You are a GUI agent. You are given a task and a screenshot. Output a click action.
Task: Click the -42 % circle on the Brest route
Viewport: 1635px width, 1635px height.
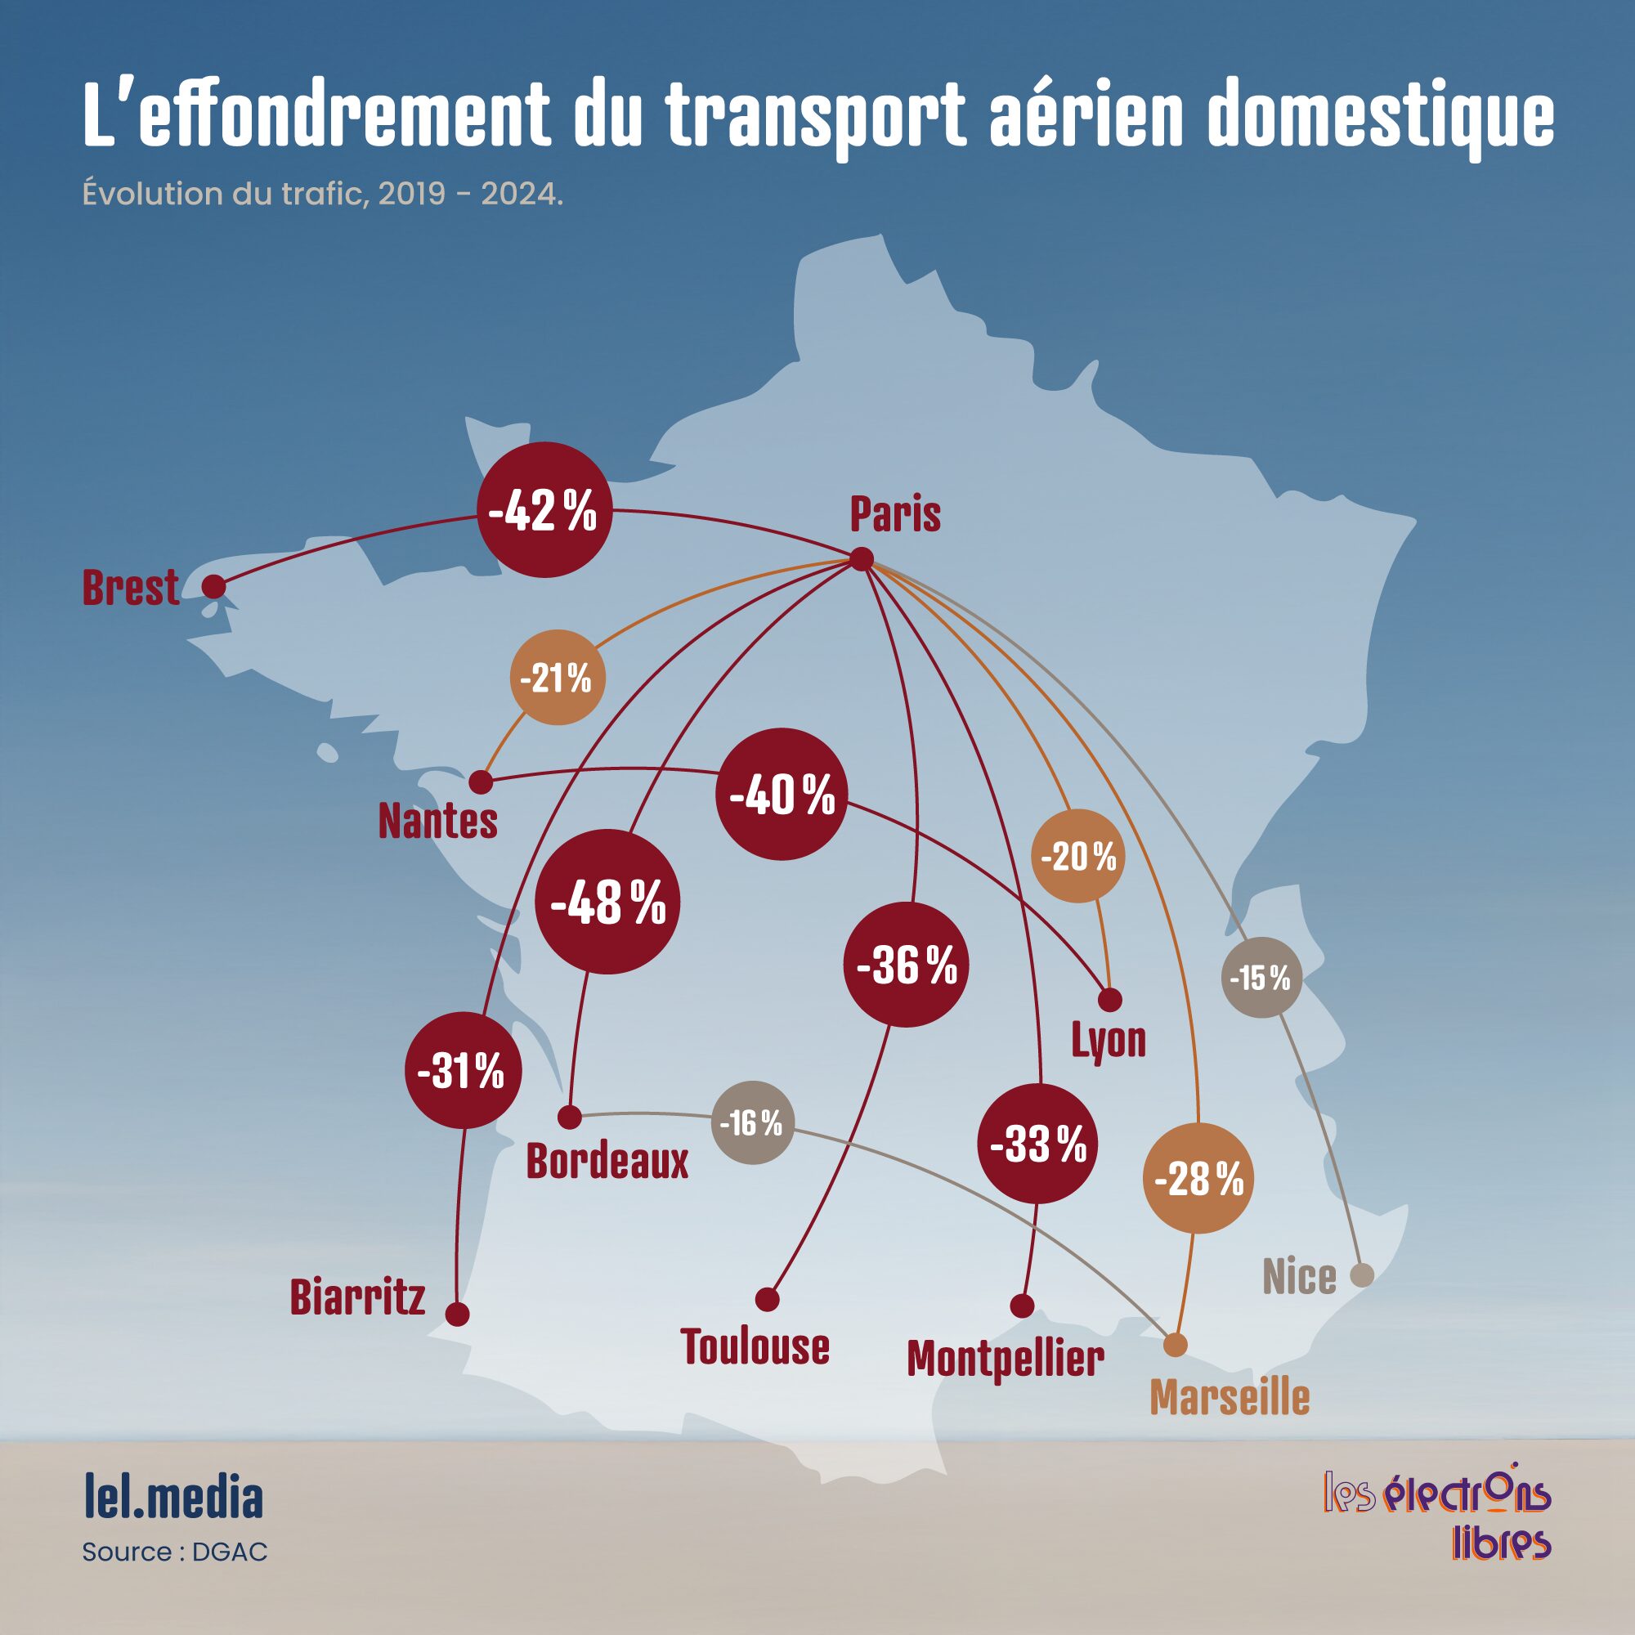coord(544,510)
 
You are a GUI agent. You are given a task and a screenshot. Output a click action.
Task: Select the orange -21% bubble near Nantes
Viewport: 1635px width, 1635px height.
coord(557,677)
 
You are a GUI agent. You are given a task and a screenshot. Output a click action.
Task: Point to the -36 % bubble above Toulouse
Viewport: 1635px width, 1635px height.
coord(907,965)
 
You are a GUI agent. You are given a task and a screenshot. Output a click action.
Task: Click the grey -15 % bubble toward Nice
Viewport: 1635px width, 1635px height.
coord(1261,978)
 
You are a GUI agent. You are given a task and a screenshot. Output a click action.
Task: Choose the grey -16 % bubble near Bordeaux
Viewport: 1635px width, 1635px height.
coord(751,1123)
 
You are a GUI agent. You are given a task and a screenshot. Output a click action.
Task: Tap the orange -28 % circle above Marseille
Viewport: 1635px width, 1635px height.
coord(1198,1178)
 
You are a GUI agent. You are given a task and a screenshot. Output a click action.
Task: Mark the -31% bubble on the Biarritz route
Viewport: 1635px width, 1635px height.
coord(462,1072)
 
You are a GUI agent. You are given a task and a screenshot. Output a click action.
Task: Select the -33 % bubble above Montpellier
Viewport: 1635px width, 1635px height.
coord(1038,1144)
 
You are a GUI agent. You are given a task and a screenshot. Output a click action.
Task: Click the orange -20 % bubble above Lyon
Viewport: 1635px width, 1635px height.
coord(1078,856)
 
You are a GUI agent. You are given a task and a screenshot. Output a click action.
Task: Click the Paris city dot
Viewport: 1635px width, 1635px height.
coord(862,559)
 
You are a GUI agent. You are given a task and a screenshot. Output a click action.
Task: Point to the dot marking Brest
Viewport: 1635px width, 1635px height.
coord(214,586)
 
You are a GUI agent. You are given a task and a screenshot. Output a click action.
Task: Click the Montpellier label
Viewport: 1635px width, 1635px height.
coord(1006,1360)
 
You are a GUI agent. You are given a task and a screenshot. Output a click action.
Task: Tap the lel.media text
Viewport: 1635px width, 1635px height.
coord(173,1497)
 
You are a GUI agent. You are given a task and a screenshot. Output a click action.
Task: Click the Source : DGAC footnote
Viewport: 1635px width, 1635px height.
coord(175,1552)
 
